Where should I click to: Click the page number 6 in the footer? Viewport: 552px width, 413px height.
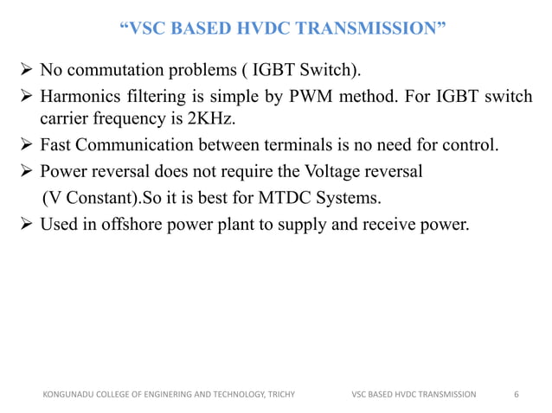pos(517,395)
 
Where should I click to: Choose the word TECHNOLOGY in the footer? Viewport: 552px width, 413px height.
pos(228,395)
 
